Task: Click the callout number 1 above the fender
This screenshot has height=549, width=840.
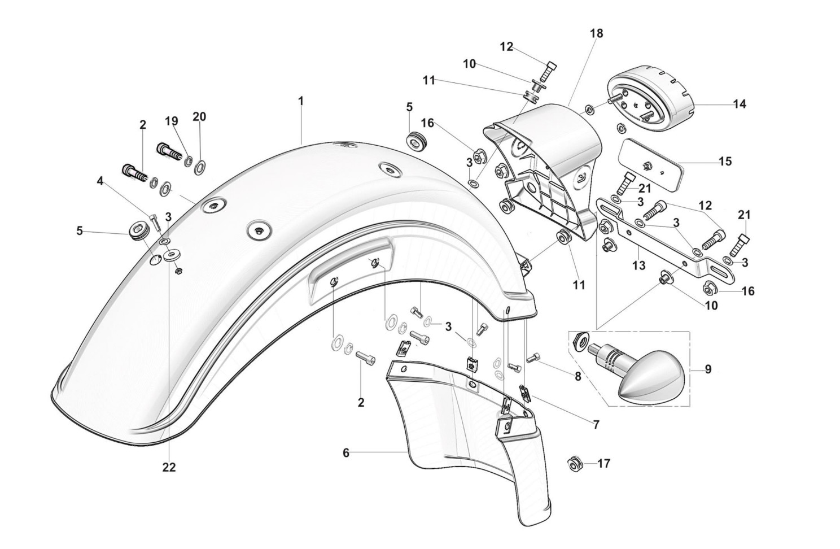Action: (x=301, y=101)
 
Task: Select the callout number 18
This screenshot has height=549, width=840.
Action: (x=597, y=33)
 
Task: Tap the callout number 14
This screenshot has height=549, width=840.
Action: (x=740, y=104)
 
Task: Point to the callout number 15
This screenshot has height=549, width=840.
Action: (x=725, y=162)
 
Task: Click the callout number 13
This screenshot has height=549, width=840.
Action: (x=638, y=265)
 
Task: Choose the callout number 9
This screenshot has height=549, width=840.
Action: (x=708, y=369)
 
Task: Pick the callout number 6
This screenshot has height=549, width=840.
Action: (x=346, y=452)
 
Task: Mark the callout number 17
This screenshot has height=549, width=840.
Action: (x=603, y=464)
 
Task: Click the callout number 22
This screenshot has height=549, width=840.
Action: (x=169, y=467)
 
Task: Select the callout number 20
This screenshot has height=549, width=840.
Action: (x=199, y=117)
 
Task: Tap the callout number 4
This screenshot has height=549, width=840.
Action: (x=100, y=181)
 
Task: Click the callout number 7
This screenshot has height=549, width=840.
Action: (x=596, y=424)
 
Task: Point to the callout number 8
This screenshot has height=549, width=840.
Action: (x=577, y=376)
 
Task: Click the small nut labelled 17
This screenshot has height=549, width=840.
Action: (x=575, y=464)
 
